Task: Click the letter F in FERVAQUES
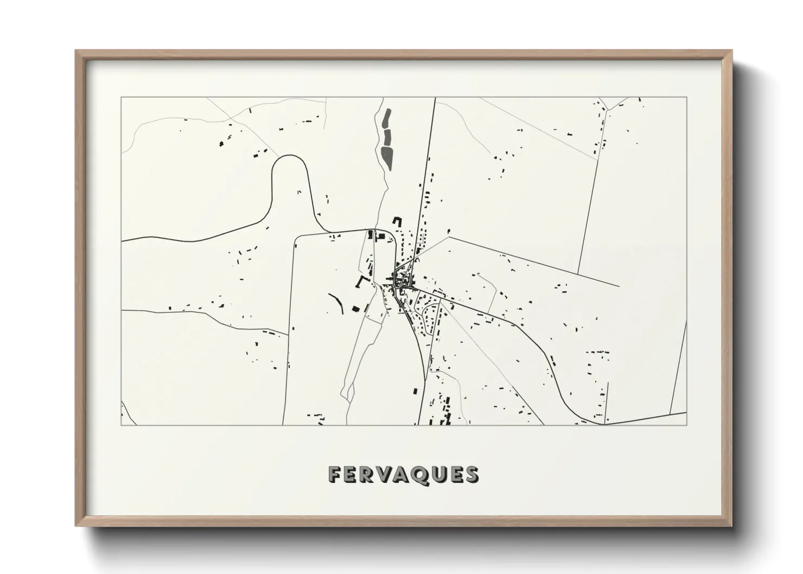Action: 334,475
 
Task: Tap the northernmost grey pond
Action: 386,118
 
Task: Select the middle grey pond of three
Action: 387,136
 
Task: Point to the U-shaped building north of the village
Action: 397,222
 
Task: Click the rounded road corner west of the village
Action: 297,239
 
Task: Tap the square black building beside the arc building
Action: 356,309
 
